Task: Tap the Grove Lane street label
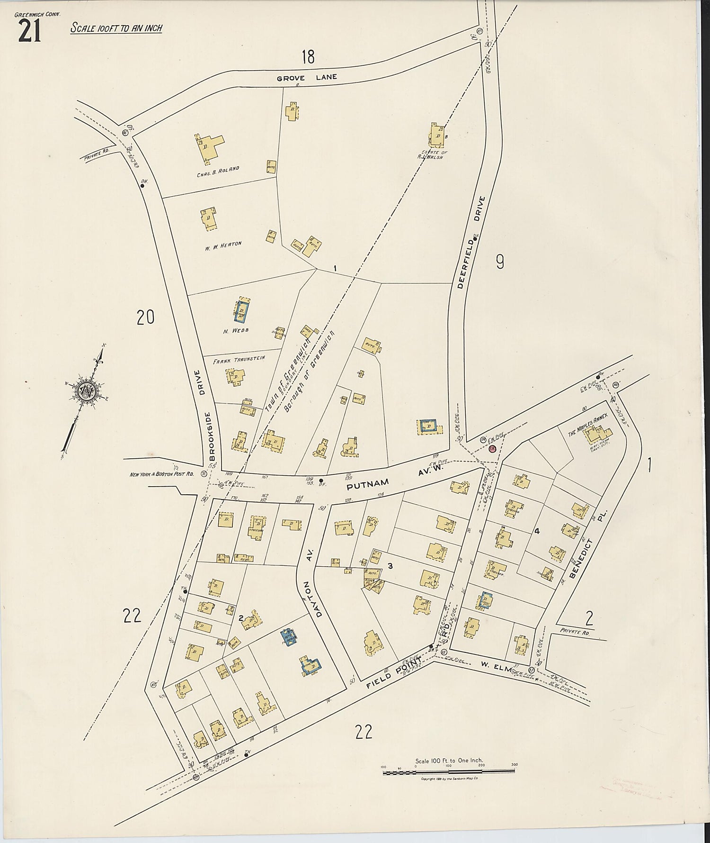click(x=307, y=78)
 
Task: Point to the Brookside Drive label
click(x=208, y=415)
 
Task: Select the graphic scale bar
click(x=448, y=773)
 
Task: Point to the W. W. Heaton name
click(x=223, y=244)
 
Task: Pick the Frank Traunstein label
click(x=239, y=360)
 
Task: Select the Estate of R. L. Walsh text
click(x=433, y=154)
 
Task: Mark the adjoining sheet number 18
click(x=308, y=57)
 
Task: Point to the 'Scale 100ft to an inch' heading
click(x=116, y=28)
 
